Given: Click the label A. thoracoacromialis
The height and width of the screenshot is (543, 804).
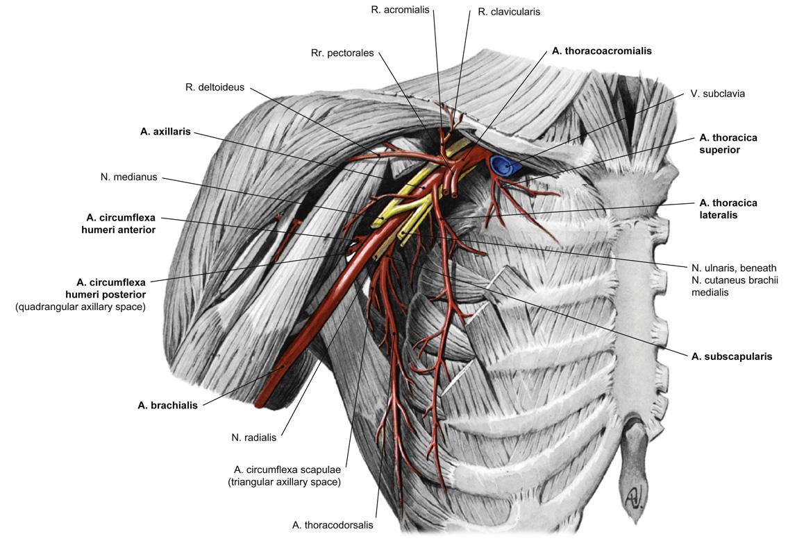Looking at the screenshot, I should (601, 51).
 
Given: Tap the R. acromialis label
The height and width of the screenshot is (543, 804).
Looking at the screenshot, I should (401, 10).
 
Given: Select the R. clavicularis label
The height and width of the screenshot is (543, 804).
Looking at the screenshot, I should (509, 12).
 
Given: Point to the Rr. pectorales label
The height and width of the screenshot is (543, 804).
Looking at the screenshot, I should (342, 53).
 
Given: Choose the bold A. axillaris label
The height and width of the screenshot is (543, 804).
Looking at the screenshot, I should (165, 132).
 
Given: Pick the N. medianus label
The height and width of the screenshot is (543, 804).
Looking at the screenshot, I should (129, 177).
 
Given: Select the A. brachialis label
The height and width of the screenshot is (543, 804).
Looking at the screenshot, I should (167, 406).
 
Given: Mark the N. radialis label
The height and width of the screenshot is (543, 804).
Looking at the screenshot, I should (253, 438).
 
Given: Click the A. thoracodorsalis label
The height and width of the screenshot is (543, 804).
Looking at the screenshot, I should (333, 525).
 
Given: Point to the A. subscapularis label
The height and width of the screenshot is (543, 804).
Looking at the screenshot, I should (732, 356).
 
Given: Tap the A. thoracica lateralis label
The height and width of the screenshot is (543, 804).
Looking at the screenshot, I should (728, 209).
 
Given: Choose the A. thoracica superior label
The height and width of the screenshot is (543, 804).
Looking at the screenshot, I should (728, 144).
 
